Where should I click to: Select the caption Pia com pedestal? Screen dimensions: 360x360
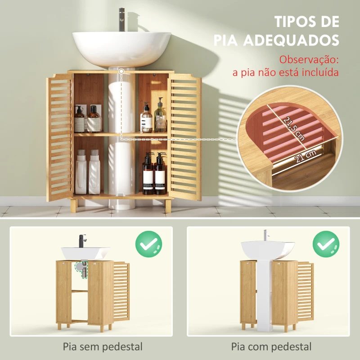click(x=271, y=347)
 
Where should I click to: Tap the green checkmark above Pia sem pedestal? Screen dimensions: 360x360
click(x=149, y=244)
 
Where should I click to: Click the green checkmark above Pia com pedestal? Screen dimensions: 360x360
click(x=326, y=244)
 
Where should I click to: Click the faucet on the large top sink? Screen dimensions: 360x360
click(x=122, y=19)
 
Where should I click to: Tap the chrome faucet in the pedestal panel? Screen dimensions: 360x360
click(x=265, y=236)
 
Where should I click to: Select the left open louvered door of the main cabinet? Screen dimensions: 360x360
click(x=59, y=137)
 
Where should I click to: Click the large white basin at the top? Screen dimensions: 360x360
click(x=122, y=47)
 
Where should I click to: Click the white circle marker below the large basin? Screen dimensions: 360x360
click(x=121, y=71)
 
